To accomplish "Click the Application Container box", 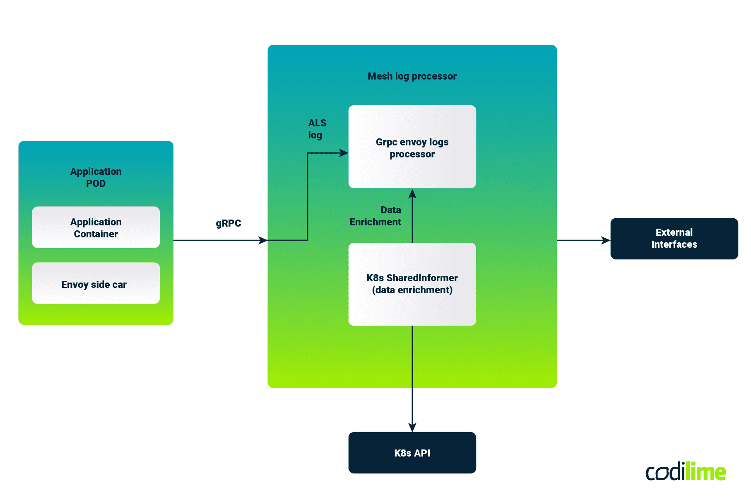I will click(x=96, y=227).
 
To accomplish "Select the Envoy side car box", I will click(x=96, y=284).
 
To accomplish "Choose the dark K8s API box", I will click(x=412, y=453).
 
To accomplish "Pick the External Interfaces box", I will click(x=674, y=239).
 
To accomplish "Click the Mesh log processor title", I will click(x=412, y=76).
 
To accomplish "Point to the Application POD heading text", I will click(x=96, y=177).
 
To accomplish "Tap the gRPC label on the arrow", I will click(x=228, y=223).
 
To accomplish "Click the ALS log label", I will click(x=317, y=129).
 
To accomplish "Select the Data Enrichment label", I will click(x=376, y=216).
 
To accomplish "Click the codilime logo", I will click(x=685, y=472).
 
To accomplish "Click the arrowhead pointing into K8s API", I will click(x=412, y=428).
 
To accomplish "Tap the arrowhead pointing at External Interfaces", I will click(x=606, y=240).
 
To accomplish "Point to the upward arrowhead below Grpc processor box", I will click(x=412, y=193).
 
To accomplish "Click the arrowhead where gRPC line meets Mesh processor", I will click(x=263, y=240).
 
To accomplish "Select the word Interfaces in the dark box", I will click(x=674, y=244).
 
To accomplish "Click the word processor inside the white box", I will click(x=412, y=154).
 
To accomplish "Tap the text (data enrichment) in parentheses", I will click(x=412, y=290).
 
